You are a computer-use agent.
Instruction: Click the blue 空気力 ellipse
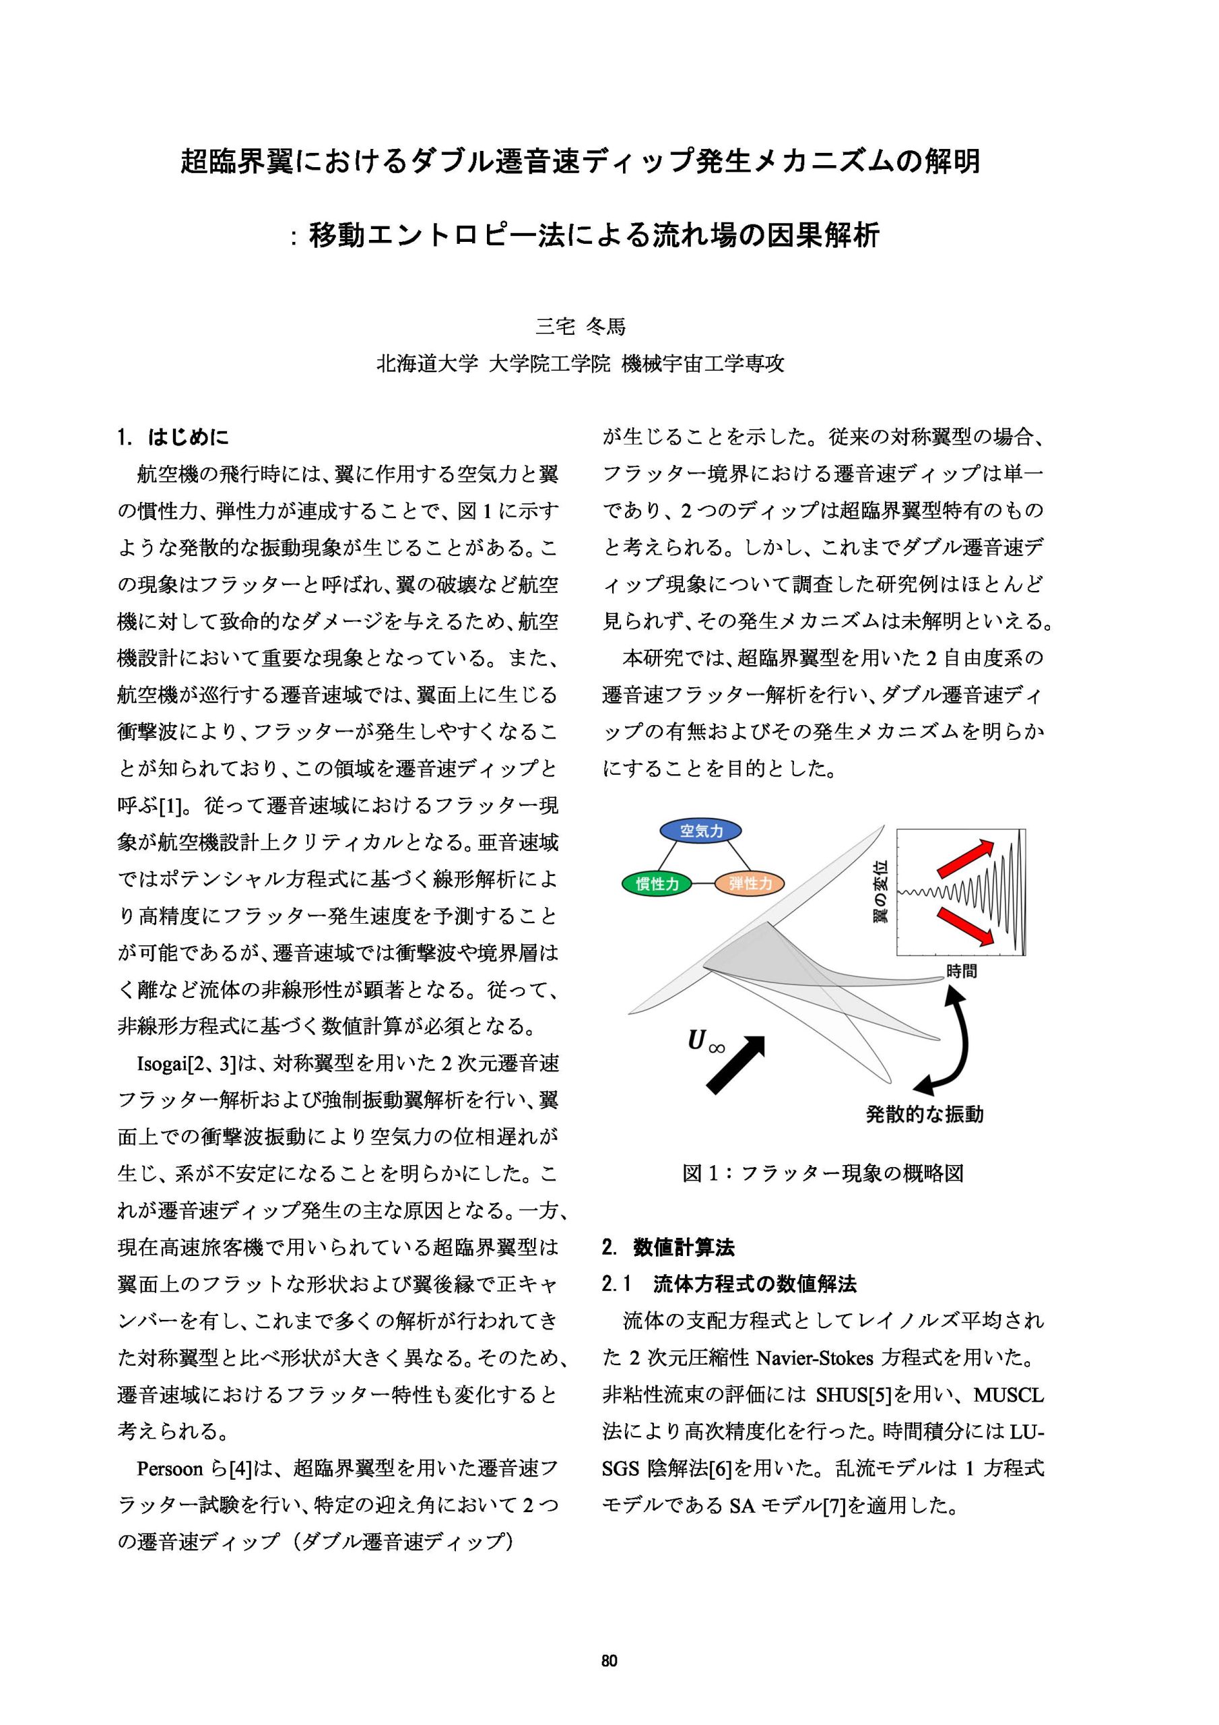700,831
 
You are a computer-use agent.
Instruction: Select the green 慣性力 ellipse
657,883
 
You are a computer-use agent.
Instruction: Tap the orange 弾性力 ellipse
750,883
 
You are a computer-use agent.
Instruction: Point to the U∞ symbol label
705,1044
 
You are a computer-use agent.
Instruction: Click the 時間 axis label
960,972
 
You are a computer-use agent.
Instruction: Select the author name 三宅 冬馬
580,326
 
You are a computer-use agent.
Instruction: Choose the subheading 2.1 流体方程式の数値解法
729,1284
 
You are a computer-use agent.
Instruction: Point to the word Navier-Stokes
815,1358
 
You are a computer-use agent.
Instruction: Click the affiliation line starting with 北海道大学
580,365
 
